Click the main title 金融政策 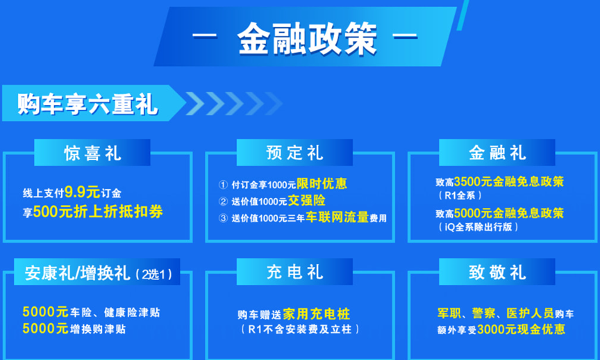pos(307,39)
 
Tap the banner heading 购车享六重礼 pos(87,104)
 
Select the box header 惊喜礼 pos(92,153)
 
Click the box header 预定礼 pos(294,153)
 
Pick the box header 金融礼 pos(497,153)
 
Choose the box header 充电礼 pos(294,272)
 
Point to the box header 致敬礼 pos(497,272)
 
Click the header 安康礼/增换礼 pos(77,273)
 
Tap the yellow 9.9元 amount pos(82,192)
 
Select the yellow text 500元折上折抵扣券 pos(98,211)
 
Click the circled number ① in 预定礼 pos(223,185)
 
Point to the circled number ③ pos(223,218)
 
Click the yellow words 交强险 pos(306,200)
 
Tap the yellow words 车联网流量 pos(337,217)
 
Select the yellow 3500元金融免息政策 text pos(509,181)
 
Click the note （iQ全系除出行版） pos(478,227)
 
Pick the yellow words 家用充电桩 pos(317,314)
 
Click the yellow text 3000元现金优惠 pos(521,329)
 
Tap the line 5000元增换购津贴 pos(74,329)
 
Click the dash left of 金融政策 pos(205,36)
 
